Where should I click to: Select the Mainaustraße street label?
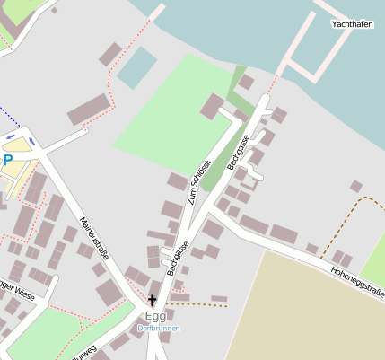coord(94,237)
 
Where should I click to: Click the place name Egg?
coord(155,316)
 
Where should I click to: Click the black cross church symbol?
coord(152,300)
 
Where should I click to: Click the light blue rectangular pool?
coord(136,66)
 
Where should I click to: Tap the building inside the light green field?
coord(213,106)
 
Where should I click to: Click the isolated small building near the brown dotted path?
coord(356,187)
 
